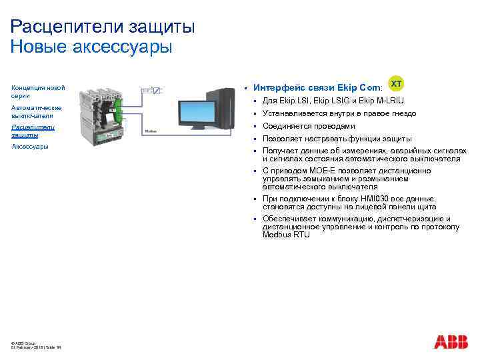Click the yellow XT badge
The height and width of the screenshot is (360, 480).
tap(396, 84)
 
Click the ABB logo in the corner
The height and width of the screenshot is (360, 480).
tap(451, 342)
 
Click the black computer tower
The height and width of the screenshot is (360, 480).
tap(225, 107)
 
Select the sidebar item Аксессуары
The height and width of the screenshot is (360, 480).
tap(30, 147)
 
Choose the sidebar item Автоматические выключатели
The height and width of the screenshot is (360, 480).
tap(37, 111)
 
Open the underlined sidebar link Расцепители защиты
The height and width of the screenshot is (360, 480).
tap(33, 131)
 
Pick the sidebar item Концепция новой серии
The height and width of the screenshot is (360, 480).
tap(38, 92)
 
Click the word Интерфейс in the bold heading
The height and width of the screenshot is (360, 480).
tap(279, 87)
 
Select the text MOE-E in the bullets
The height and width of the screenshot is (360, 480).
tap(317, 171)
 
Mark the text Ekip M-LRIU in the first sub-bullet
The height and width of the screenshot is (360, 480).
tap(380, 101)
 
